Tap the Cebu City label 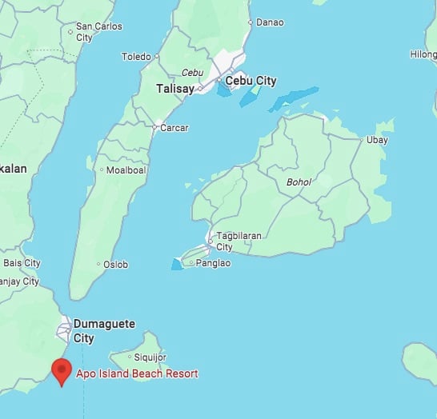click(x=251, y=81)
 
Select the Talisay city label click(x=174, y=89)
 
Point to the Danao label click(x=270, y=22)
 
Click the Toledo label click(x=136, y=57)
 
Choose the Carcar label click(x=174, y=127)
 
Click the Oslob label click(x=115, y=264)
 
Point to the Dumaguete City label click(x=104, y=331)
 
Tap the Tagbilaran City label click(x=236, y=241)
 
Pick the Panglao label click(x=213, y=262)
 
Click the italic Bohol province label click(x=298, y=182)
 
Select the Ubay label click(x=376, y=140)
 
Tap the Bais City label click(x=22, y=263)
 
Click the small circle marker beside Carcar click(x=154, y=127)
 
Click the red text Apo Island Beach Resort click(x=137, y=373)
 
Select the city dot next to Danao click(x=251, y=22)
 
